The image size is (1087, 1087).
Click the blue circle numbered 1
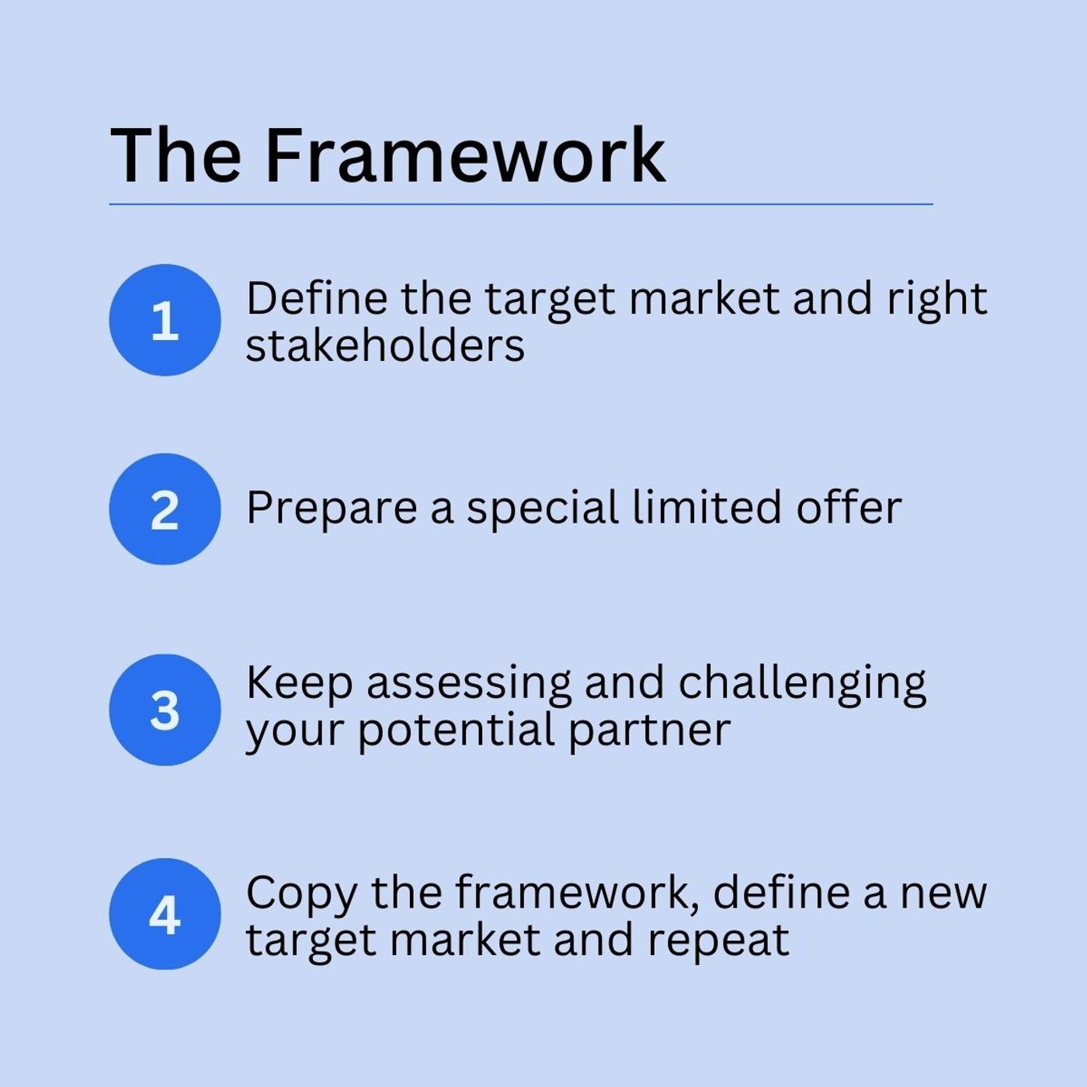[165, 320]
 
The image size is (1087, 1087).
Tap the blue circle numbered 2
[165, 509]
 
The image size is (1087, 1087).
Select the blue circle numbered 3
[165, 710]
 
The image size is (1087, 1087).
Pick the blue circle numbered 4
[165, 914]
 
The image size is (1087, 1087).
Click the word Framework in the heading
[465, 156]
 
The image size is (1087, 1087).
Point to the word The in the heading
[176, 156]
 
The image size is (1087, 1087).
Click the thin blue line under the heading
[521, 204]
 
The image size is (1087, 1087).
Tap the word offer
[849, 506]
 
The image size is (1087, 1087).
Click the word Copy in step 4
[301, 894]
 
